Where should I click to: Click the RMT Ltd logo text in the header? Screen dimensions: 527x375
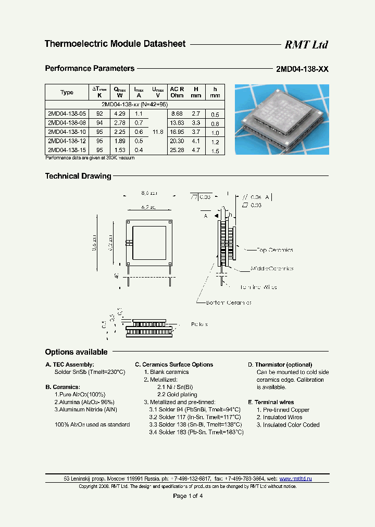(x=306, y=45)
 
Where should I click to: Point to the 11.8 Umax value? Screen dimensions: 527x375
(x=158, y=132)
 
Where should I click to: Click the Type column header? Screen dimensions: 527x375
(x=67, y=92)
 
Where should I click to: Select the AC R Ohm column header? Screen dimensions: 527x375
(x=177, y=92)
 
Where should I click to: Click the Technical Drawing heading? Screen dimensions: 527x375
(x=78, y=176)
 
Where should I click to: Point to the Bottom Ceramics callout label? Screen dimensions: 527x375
(x=229, y=303)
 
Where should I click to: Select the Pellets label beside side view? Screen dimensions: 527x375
(x=199, y=324)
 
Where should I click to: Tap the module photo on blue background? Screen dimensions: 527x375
(x=281, y=119)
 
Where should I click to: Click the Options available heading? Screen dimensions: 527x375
(x=76, y=352)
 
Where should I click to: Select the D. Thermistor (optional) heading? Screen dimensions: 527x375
(x=280, y=365)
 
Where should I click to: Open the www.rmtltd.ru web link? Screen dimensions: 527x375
(x=295, y=479)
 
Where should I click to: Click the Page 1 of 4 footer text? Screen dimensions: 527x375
(x=187, y=496)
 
